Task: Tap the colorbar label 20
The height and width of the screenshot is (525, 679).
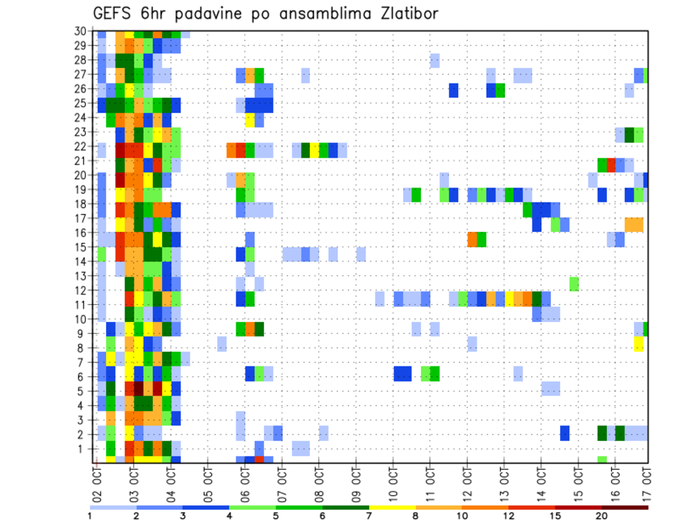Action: coord(602,516)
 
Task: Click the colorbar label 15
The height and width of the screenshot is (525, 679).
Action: coord(555,516)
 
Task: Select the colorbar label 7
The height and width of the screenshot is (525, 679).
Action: coord(369,516)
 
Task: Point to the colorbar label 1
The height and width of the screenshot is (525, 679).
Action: coord(90,516)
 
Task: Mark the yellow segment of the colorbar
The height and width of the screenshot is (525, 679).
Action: coord(392,507)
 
